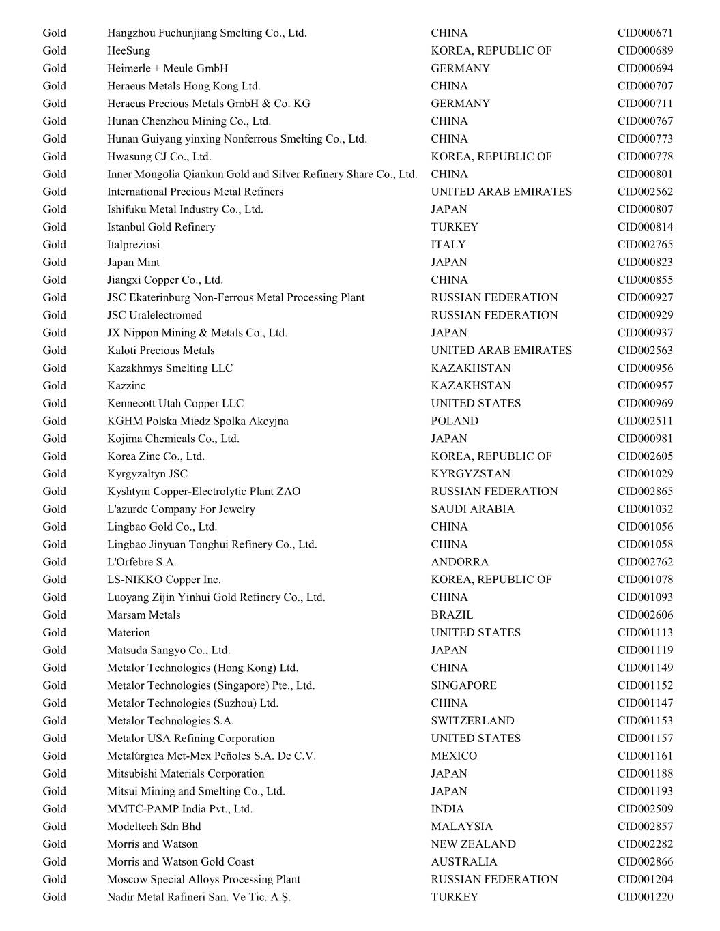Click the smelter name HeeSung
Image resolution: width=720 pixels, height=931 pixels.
[x=128, y=50]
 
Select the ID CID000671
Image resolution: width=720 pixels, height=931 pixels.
[x=645, y=33]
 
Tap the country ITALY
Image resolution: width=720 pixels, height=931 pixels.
[x=448, y=244]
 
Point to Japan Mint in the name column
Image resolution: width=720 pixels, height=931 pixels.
[x=133, y=262]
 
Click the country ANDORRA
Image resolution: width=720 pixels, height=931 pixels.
[x=459, y=562]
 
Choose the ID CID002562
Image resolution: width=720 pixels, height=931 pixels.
[x=645, y=192]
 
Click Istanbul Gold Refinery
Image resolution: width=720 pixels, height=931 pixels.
[x=161, y=226]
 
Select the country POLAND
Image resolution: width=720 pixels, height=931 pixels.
[x=455, y=421]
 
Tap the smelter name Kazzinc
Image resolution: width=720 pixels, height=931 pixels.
[x=126, y=385]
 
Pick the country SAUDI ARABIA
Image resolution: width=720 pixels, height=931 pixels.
[x=472, y=509]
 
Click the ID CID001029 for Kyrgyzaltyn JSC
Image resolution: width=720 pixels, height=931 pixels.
[x=645, y=473]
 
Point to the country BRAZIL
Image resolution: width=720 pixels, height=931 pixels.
[x=452, y=615]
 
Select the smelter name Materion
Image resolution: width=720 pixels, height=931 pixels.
[x=128, y=632]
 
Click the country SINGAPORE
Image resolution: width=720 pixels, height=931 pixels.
[x=463, y=685]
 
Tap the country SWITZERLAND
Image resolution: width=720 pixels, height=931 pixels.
[x=472, y=720]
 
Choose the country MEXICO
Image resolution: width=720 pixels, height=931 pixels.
[x=454, y=756]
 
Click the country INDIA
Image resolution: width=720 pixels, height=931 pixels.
[x=447, y=809]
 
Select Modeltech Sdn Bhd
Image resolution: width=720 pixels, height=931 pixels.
[x=154, y=826]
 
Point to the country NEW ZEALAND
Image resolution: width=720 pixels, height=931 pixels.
[x=473, y=844]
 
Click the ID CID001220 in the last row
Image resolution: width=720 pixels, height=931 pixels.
[x=645, y=897]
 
